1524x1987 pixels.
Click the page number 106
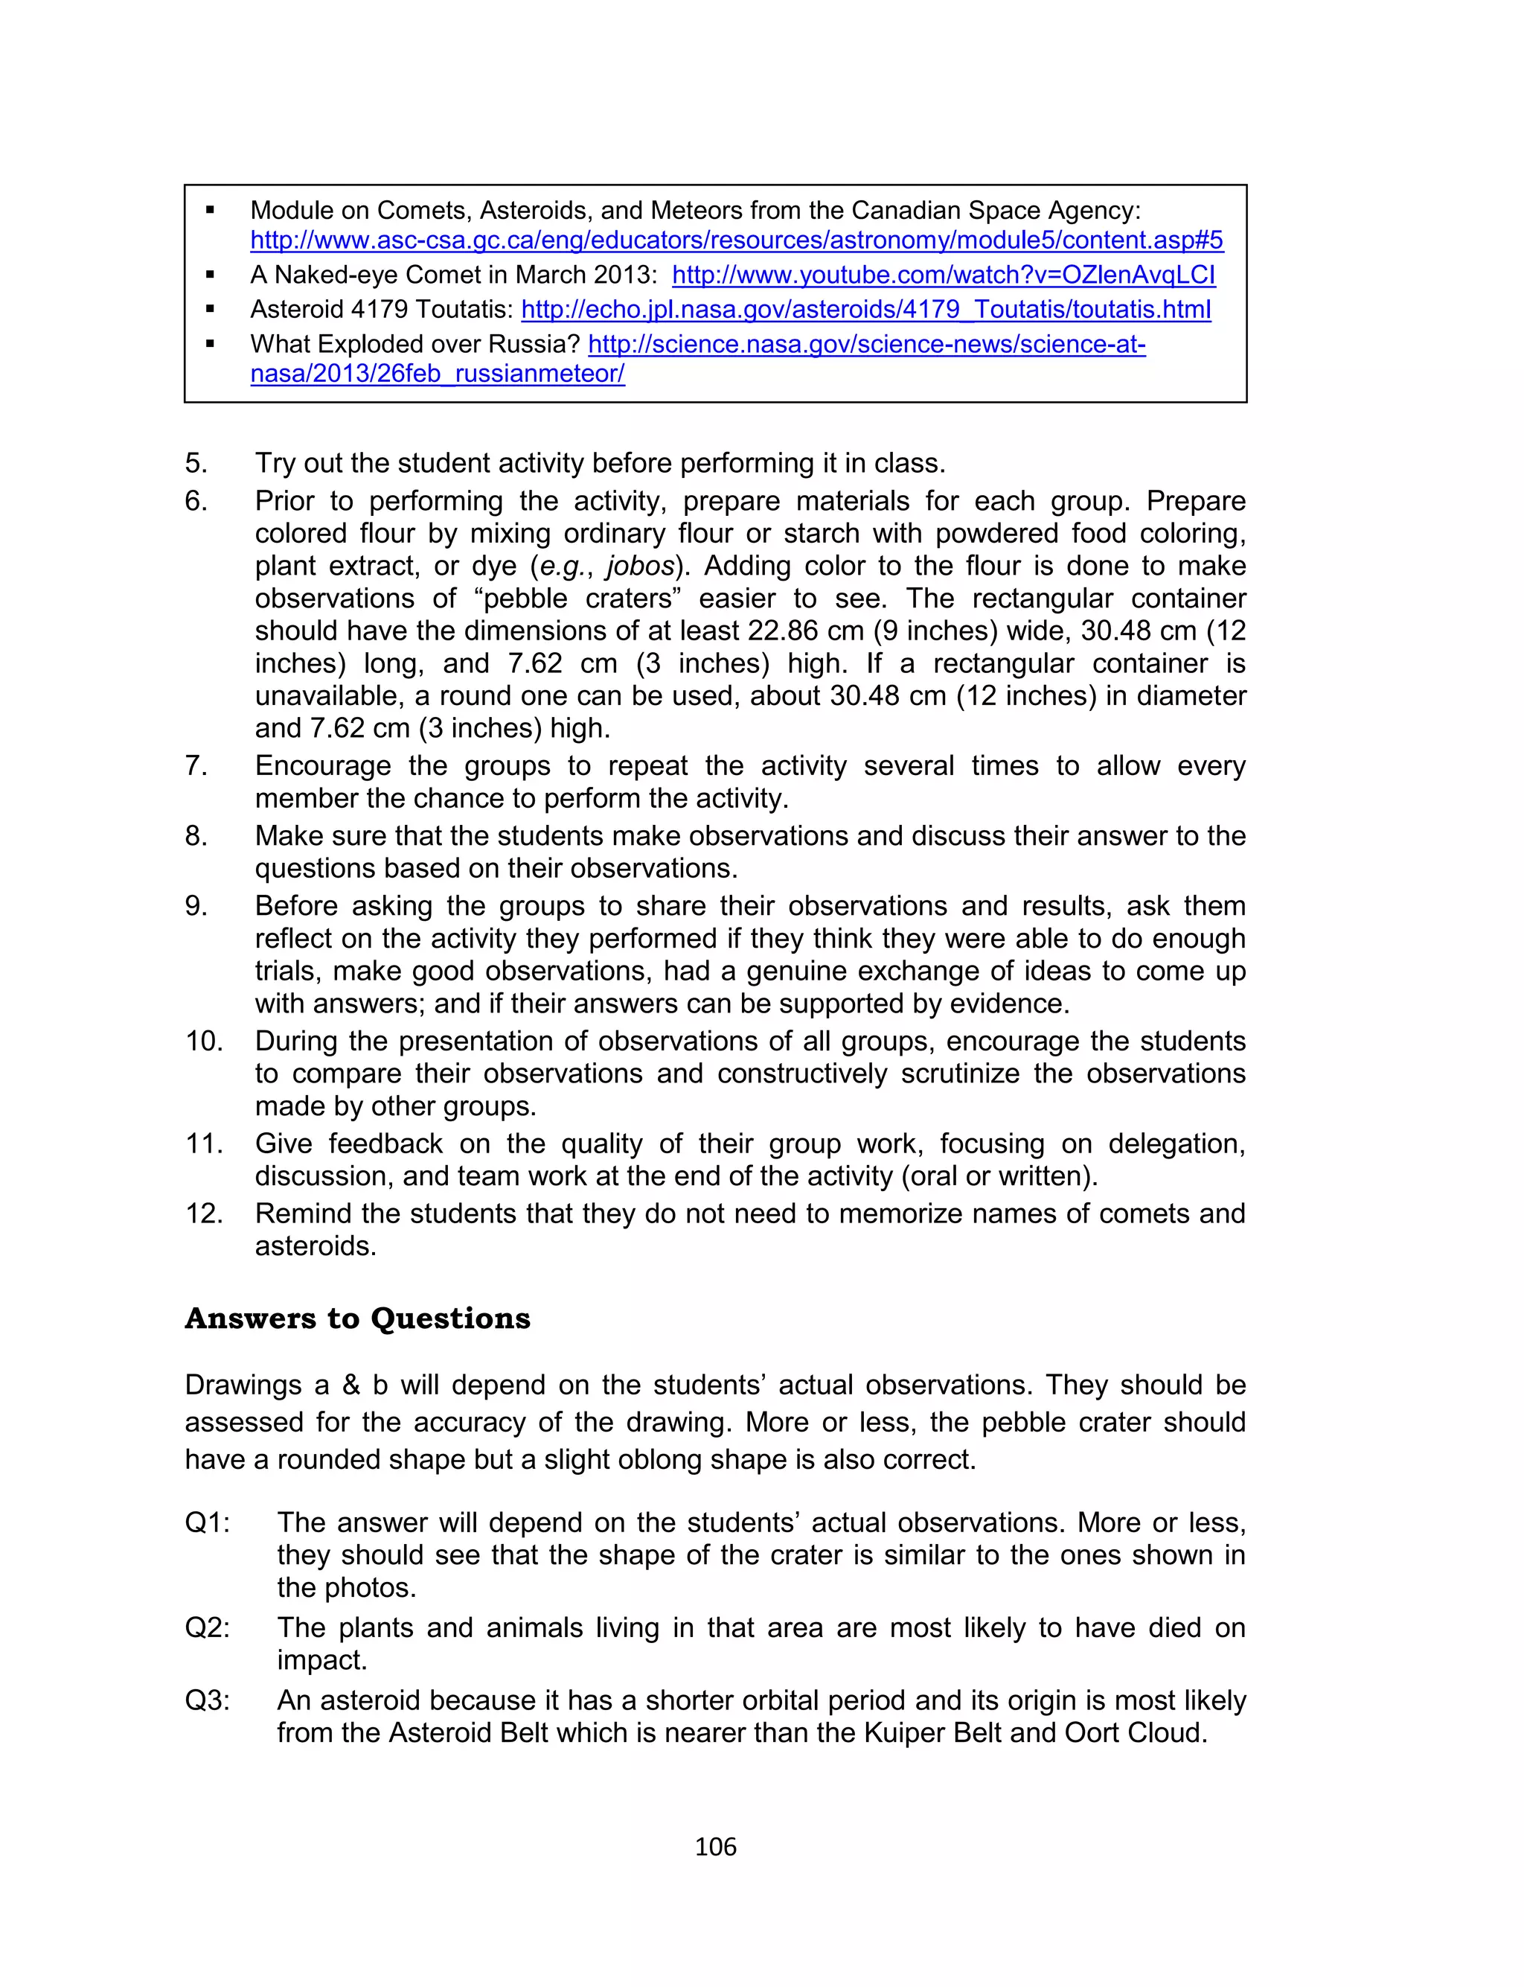coord(715,1846)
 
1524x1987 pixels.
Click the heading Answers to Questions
coord(357,1318)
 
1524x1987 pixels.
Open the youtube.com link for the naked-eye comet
coord(944,275)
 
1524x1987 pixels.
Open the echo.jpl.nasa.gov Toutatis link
coord(865,310)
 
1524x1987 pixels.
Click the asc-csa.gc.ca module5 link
coord(737,240)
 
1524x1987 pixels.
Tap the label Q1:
coord(208,1522)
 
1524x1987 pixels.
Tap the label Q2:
coord(208,1627)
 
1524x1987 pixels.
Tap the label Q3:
coord(208,1700)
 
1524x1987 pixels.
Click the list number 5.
coord(196,464)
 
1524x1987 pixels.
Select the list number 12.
coord(204,1214)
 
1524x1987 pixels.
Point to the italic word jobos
coord(641,566)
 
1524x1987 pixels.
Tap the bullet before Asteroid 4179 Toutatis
coord(211,310)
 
